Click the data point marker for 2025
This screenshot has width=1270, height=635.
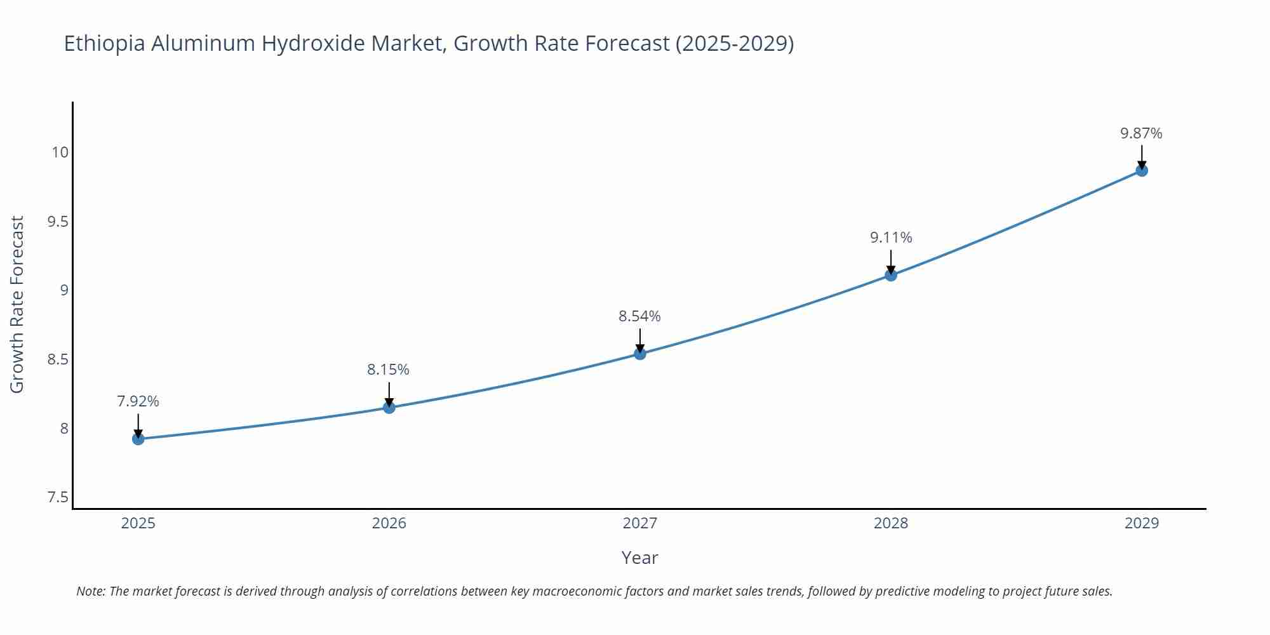pyautogui.click(x=138, y=439)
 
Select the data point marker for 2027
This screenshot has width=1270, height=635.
pyautogui.click(x=640, y=354)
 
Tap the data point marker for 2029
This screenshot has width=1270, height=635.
pyautogui.click(x=1142, y=170)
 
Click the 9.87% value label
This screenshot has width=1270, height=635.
pyautogui.click(x=1141, y=133)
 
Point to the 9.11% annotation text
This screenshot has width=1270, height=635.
pyautogui.click(x=891, y=237)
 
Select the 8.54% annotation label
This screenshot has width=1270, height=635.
pyautogui.click(x=639, y=316)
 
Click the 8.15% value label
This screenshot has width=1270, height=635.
pyautogui.click(x=388, y=370)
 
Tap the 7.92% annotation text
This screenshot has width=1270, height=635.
pyautogui.click(x=138, y=401)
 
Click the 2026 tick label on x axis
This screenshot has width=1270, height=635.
pyautogui.click(x=389, y=523)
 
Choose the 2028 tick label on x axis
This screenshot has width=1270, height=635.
pyautogui.click(x=891, y=523)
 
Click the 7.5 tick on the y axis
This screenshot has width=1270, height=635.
pyautogui.click(x=58, y=497)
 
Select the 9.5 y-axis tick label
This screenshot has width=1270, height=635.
pyautogui.click(x=58, y=222)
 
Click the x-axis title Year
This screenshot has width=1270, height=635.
pyautogui.click(x=639, y=558)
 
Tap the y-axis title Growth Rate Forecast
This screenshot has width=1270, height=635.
pyautogui.click(x=17, y=304)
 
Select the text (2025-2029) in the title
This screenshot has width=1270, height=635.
pyautogui.click(x=734, y=44)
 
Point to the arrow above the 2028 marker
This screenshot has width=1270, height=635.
pyautogui.click(x=891, y=260)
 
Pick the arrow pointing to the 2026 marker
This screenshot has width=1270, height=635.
pyautogui.click(x=389, y=392)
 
